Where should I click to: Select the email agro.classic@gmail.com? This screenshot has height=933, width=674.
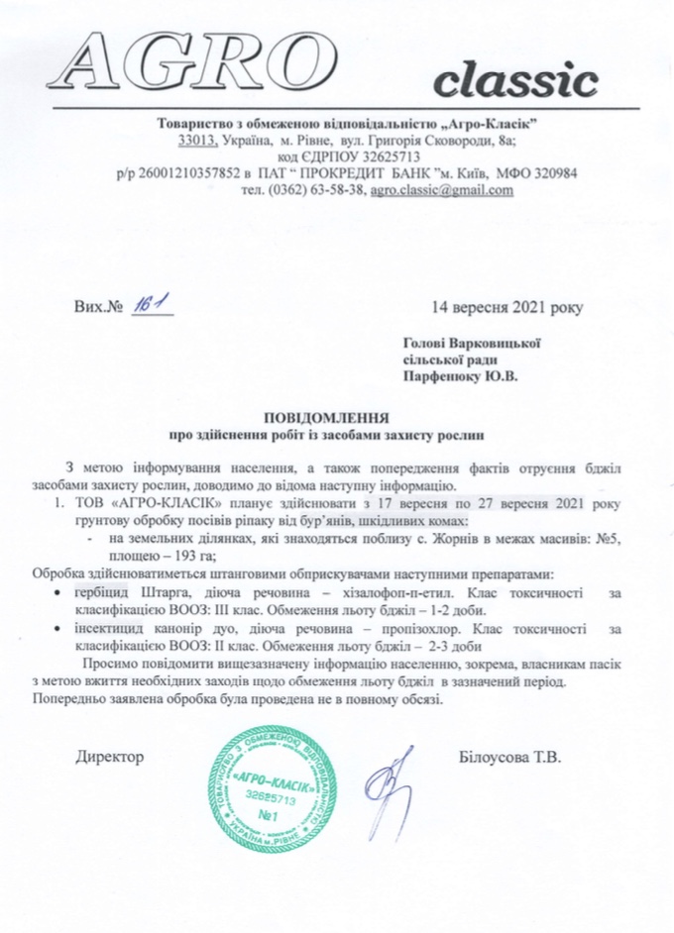[x=442, y=192]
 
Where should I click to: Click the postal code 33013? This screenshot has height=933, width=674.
[x=184, y=140]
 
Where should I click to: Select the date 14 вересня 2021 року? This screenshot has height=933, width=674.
[x=507, y=306]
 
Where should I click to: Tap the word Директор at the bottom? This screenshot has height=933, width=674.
[x=110, y=758]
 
